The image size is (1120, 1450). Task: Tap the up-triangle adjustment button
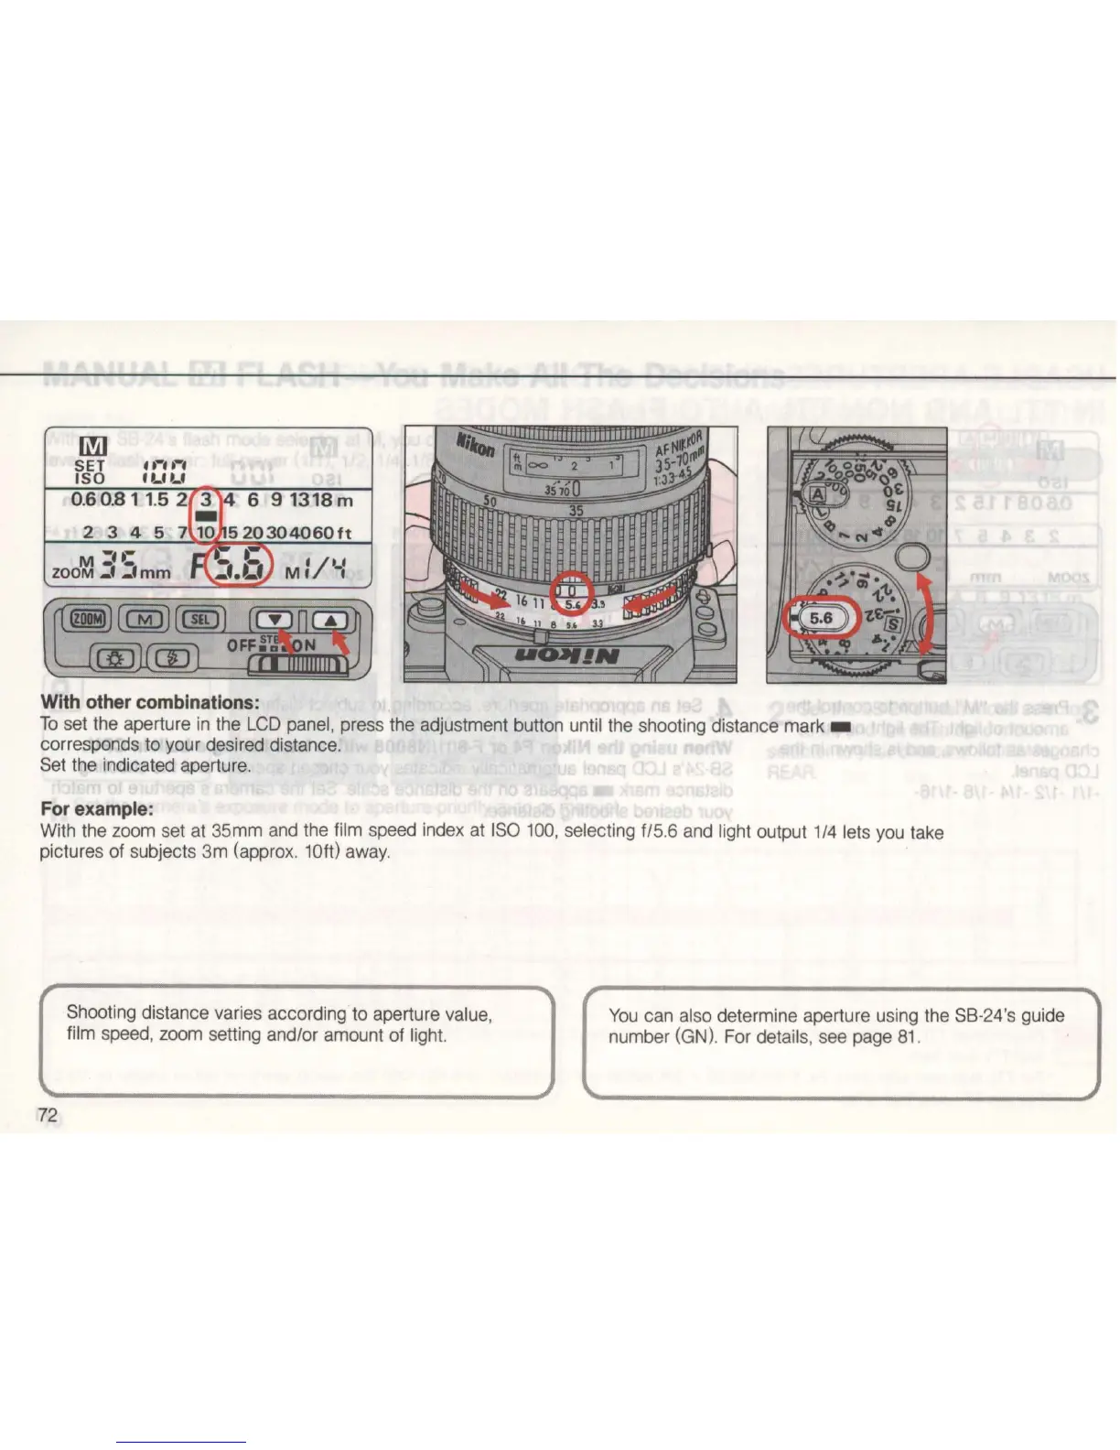click(x=331, y=620)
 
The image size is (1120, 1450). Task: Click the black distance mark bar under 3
click(x=206, y=516)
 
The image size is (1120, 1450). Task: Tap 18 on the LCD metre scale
click(x=320, y=501)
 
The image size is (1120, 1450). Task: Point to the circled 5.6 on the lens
click(x=572, y=603)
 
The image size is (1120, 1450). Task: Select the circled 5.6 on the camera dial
click(x=821, y=618)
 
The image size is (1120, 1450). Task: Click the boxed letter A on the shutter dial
click(x=817, y=493)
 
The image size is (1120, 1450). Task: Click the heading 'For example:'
click(x=96, y=809)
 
